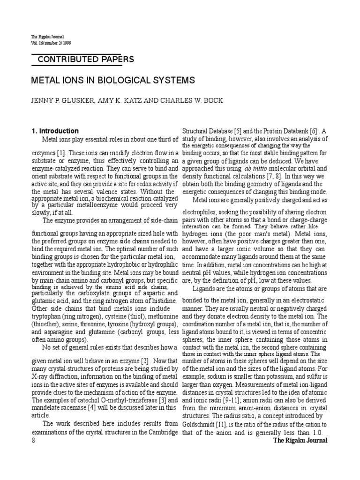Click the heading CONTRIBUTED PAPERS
click(x=85, y=60)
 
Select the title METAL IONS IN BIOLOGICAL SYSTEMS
click(x=112, y=80)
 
